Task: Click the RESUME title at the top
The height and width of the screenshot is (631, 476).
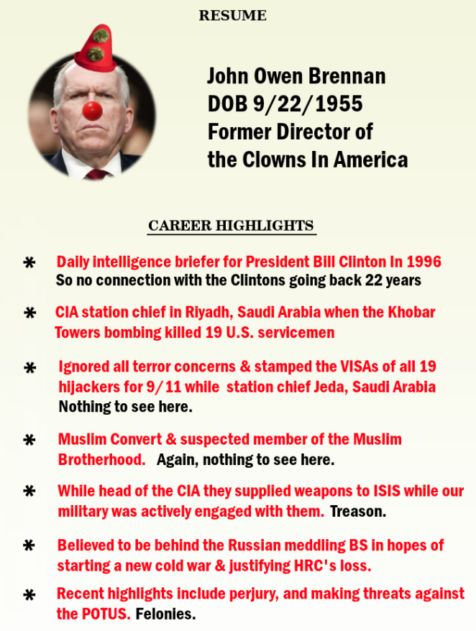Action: [232, 16]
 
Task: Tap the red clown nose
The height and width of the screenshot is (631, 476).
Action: [92, 111]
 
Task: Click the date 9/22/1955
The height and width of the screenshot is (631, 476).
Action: [307, 105]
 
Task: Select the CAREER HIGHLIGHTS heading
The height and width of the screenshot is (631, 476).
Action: [231, 226]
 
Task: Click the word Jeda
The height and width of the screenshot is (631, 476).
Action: [326, 387]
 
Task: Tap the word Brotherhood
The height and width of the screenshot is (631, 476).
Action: [101, 459]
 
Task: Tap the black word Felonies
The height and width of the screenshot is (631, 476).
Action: [166, 614]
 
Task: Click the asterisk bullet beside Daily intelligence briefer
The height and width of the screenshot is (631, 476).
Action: [29, 263]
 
